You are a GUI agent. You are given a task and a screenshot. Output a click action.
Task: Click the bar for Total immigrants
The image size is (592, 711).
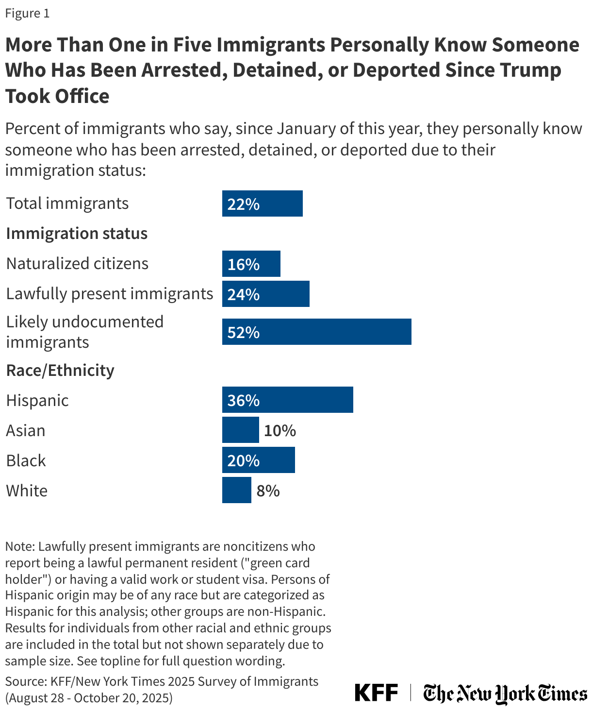point(262,203)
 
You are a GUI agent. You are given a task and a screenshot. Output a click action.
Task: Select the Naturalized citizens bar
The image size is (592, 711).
point(251,264)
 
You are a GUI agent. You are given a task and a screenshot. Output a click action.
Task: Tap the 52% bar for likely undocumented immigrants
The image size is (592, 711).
point(316,332)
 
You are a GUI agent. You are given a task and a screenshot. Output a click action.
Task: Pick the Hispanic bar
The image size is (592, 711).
point(287,400)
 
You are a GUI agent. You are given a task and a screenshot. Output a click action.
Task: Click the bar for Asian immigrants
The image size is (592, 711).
point(240,430)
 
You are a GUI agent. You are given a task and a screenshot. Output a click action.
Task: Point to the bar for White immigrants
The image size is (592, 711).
point(236,491)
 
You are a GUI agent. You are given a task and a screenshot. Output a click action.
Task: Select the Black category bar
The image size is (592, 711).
point(258,460)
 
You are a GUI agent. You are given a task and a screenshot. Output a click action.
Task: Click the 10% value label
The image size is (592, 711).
point(280,431)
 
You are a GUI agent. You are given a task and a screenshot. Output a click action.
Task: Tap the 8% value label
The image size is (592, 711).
point(268,491)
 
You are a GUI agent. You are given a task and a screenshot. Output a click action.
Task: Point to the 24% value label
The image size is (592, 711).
point(244,294)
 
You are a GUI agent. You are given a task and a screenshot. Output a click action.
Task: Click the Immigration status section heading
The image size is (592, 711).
point(77,234)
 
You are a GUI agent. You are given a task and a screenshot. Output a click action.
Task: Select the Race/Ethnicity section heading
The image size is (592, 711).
point(60,371)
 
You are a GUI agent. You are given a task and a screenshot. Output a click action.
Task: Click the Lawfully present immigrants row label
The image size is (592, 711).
point(110,294)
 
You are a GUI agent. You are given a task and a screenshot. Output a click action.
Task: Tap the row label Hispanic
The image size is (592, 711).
point(37,401)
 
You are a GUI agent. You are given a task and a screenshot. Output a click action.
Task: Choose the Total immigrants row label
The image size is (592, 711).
point(67,203)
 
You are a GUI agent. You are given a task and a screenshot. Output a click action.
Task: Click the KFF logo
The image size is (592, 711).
point(376,693)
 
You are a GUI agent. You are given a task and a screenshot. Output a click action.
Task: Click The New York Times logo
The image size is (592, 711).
point(505,693)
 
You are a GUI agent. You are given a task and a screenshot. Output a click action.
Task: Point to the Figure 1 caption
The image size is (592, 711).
point(27,14)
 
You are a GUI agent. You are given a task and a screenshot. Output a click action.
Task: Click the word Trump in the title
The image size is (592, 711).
point(530,70)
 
